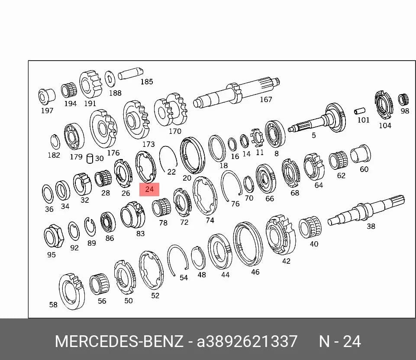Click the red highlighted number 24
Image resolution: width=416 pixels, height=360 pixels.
[149, 189]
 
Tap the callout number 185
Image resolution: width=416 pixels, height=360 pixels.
[147, 81]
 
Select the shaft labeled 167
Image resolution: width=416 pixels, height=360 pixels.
[237, 92]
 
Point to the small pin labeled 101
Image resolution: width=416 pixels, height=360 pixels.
[360, 111]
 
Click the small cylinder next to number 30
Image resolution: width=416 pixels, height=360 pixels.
[90, 159]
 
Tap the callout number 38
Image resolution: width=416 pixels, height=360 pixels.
[371, 226]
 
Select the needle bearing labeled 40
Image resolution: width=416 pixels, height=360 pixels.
[310, 227]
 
